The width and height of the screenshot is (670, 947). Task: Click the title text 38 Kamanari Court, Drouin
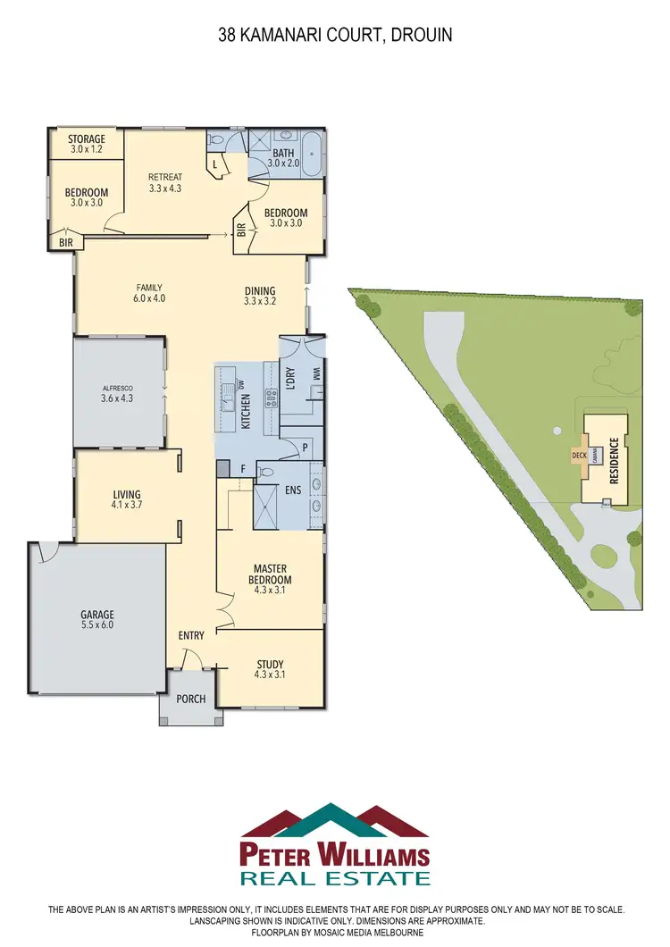coord(335,37)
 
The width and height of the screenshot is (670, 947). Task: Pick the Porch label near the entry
coord(189,700)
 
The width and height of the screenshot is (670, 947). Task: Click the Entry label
coord(191,636)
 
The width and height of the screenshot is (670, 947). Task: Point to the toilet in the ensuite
coord(265,471)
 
